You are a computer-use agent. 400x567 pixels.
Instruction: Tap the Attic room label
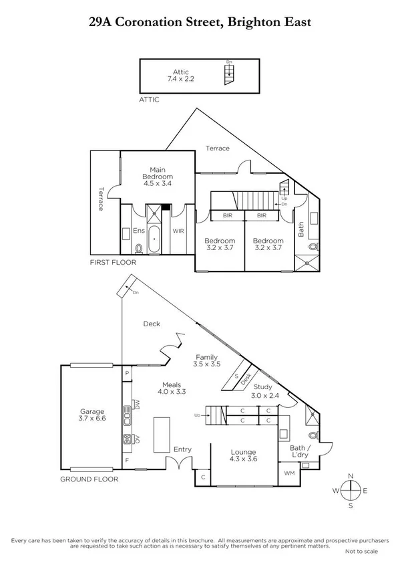point(180,72)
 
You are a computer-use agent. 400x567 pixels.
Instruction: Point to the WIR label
point(178,231)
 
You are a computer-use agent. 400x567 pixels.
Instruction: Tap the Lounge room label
point(242,453)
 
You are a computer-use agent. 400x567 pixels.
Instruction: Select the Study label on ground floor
point(261,386)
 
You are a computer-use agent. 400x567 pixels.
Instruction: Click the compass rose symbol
point(351,491)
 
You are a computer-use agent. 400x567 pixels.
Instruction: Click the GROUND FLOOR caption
point(89,479)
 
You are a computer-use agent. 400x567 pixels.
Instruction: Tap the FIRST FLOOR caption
point(113,263)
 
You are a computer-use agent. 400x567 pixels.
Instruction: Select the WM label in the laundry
point(290,473)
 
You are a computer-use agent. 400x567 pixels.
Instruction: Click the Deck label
point(152,324)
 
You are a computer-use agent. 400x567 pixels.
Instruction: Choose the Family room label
point(206,357)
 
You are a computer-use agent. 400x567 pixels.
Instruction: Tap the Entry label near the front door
point(182,450)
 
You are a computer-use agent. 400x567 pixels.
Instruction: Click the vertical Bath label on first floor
point(301,229)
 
